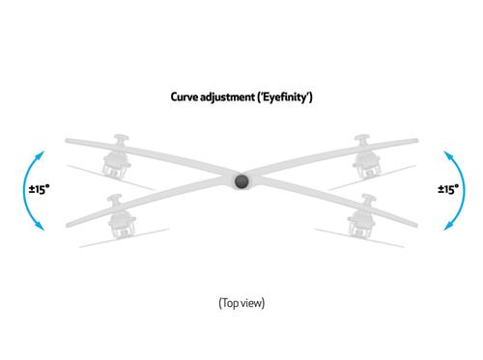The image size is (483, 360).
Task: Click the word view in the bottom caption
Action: [x=251, y=303]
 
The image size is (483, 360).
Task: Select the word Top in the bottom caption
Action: [x=229, y=303]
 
